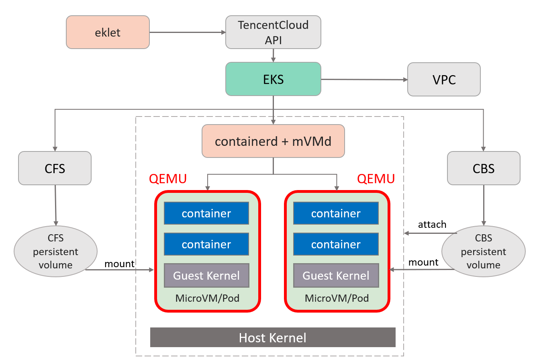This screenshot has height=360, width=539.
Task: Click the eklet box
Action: (108, 32)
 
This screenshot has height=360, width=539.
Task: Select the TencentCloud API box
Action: (273, 32)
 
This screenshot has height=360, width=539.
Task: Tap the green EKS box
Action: (273, 79)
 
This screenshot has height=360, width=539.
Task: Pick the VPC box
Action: (444, 80)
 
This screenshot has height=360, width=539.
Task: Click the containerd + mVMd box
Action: (273, 141)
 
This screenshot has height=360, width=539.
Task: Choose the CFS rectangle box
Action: (55, 168)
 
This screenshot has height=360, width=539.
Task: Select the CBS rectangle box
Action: (484, 168)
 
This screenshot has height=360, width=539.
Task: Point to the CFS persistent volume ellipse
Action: (55, 252)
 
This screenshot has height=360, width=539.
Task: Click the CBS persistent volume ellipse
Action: (483, 252)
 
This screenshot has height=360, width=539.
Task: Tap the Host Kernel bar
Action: (273, 337)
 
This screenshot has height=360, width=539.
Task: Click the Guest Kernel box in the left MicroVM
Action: (206, 276)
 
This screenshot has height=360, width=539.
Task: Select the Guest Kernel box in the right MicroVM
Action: (336, 276)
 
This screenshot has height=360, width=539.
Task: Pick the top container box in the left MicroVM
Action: (206, 213)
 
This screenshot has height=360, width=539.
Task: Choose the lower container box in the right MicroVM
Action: (336, 244)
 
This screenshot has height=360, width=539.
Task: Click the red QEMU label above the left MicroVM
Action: (168, 179)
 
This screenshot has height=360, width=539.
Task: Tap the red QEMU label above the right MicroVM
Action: (376, 179)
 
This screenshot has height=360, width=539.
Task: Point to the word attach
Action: (432, 224)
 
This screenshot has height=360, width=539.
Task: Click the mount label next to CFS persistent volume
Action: (119, 264)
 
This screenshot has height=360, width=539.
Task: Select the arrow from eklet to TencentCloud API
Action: (187, 32)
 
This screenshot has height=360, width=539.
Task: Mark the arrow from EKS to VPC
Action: (364, 80)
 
